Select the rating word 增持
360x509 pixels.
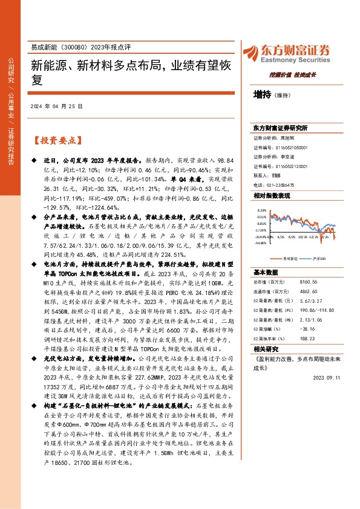(262, 95)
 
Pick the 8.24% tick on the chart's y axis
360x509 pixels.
(261, 210)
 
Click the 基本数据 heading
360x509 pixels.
(266, 272)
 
